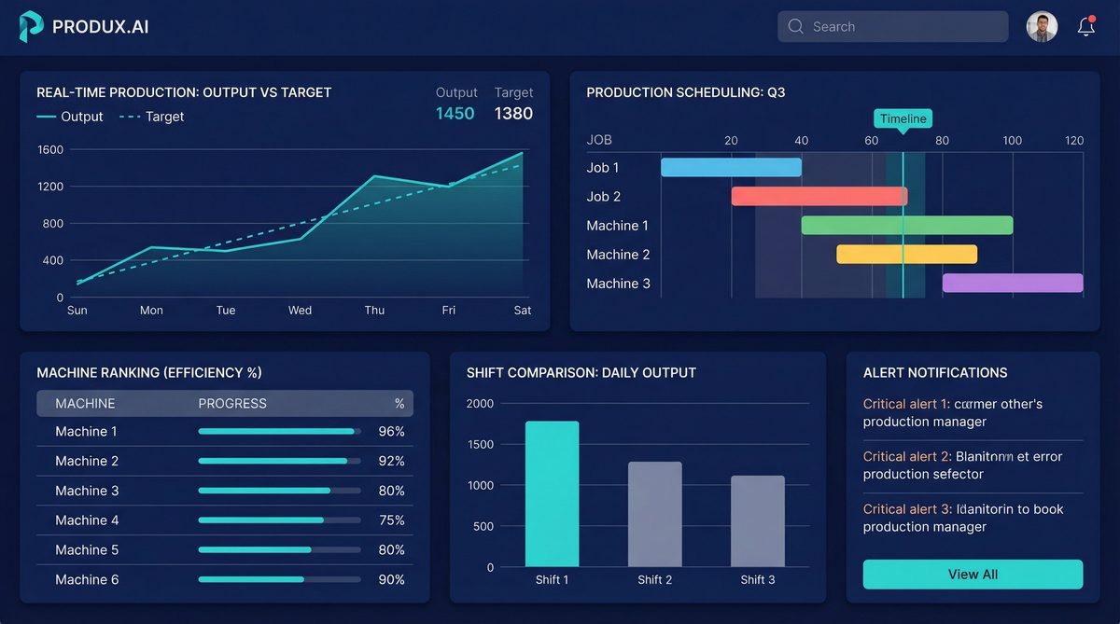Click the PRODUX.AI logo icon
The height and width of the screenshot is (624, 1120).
coord(31,27)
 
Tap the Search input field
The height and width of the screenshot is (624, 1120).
coord(892,27)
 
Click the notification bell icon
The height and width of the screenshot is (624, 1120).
coord(1085,27)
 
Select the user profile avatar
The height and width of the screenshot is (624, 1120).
coord(1042,27)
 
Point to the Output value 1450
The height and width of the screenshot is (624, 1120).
coord(455,114)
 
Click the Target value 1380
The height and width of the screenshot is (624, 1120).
coord(513,114)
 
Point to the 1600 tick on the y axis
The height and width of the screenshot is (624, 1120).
coord(50,150)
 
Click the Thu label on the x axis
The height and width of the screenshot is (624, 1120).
coord(374,311)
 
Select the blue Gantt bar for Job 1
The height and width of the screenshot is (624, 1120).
coord(731,168)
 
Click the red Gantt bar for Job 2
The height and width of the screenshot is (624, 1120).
coord(819,197)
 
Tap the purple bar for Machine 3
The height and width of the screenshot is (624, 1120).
coord(1013,284)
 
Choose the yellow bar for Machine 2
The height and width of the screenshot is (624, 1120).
coord(906,255)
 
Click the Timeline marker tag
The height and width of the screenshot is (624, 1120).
coord(903,118)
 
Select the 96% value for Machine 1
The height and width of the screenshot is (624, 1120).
coord(391,432)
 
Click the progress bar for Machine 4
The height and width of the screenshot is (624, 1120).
coord(279,520)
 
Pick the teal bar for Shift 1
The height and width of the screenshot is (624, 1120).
coord(552,494)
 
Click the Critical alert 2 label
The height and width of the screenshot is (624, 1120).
coord(906,457)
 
